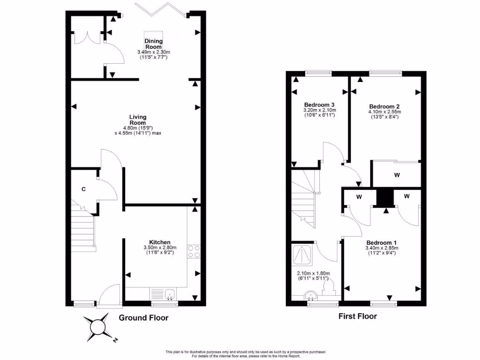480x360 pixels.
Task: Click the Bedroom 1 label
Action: click(x=382, y=242)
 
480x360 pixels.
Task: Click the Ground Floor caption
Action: click(x=143, y=318)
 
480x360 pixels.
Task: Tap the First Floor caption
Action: click(x=358, y=316)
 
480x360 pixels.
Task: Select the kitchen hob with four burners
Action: click(x=194, y=251)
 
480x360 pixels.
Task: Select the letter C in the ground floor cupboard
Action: click(x=83, y=189)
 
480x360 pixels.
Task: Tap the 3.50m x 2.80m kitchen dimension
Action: click(x=160, y=247)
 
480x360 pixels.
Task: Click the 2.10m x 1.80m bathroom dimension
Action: click(x=313, y=274)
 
